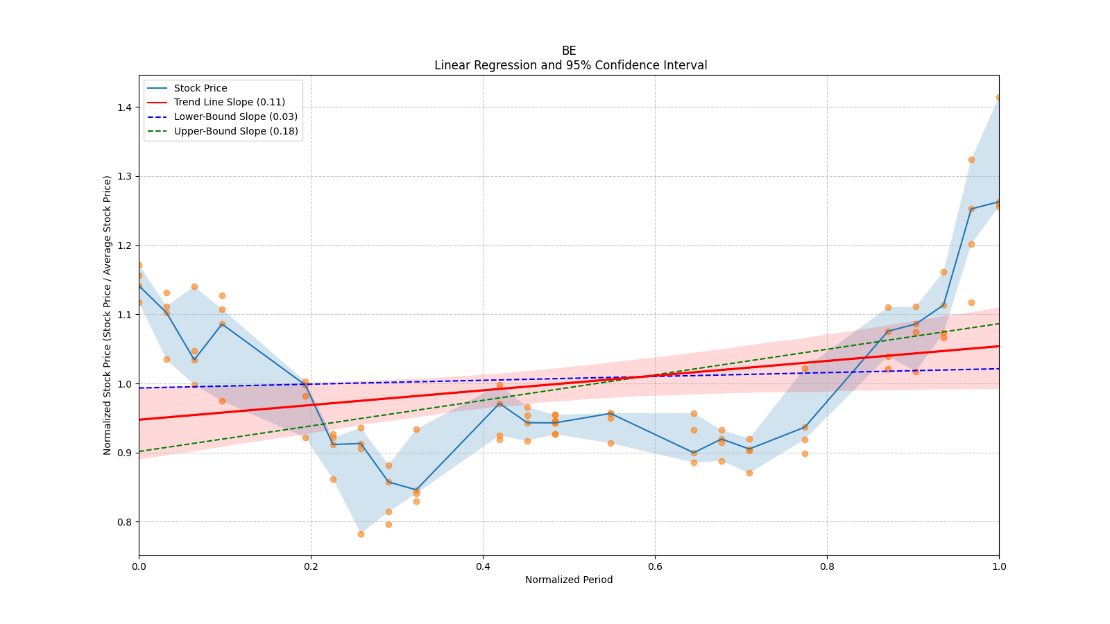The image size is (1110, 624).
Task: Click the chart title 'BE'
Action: coord(569,51)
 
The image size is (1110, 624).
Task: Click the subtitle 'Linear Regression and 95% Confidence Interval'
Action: coord(570,65)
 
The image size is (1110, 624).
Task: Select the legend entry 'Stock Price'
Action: coord(200,88)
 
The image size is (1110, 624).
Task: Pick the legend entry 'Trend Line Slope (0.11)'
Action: coord(229,103)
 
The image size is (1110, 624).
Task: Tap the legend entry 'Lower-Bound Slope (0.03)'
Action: coord(235,116)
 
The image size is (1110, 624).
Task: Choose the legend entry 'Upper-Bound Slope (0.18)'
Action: coord(236,131)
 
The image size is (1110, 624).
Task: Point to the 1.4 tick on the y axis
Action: coord(124,107)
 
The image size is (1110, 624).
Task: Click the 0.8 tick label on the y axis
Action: coord(124,522)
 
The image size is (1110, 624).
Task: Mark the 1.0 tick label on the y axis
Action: coord(124,384)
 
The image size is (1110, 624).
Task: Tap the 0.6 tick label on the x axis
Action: coord(655,566)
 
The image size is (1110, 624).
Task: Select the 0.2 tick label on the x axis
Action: coord(311,566)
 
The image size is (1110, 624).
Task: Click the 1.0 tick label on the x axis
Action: coord(999,566)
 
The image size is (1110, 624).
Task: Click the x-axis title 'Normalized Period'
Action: coord(569,580)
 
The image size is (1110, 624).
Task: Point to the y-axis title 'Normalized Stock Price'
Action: coord(108,315)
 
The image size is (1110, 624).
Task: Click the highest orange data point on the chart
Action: coord(999,98)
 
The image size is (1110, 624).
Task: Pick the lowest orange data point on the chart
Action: coord(361,534)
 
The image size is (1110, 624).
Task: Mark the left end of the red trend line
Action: coord(139,419)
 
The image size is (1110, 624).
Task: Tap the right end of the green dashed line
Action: coord(999,323)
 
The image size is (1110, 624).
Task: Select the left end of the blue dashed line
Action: coord(139,388)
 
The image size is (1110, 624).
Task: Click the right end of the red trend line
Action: coord(999,346)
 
